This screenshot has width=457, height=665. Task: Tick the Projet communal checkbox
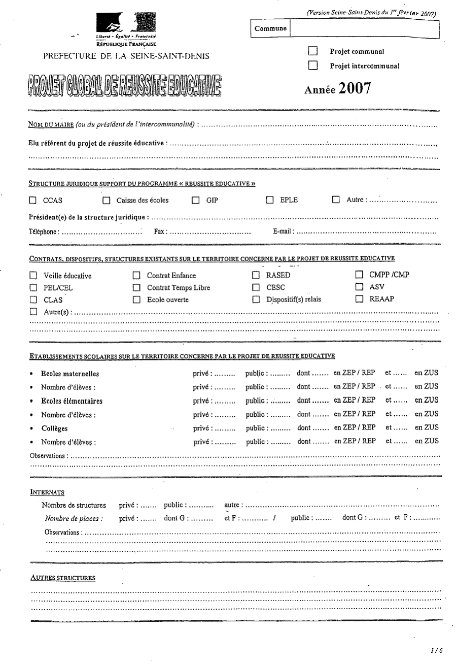[x=313, y=51]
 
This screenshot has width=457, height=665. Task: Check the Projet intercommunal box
[x=313, y=65]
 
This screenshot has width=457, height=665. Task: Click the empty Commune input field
[x=364, y=28]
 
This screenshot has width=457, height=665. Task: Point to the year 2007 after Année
[x=355, y=88]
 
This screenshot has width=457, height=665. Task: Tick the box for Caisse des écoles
[x=106, y=201]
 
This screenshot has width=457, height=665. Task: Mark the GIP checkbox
[x=195, y=201]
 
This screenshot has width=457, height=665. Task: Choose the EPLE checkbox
[x=270, y=200]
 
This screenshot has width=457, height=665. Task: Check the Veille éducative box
[x=33, y=276]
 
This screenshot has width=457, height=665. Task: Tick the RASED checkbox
[x=256, y=276]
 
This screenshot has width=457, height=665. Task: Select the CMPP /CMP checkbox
[x=359, y=275]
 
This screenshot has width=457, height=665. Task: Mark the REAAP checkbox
[x=359, y=299]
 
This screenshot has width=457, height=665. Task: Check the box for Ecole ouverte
[x=136, y=300]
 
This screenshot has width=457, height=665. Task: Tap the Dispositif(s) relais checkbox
[x=256, y=300]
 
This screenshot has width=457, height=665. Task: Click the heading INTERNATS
[x=47, y=492]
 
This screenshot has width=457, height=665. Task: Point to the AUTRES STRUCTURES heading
[x=63, y=578]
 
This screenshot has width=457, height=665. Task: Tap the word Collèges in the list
[x=54, y=428]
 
